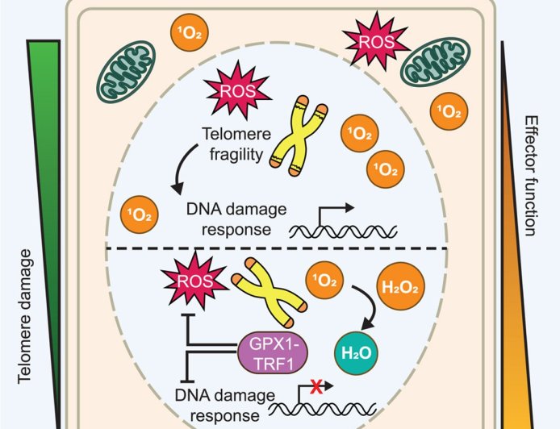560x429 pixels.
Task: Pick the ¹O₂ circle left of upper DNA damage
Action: click(140, 213)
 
